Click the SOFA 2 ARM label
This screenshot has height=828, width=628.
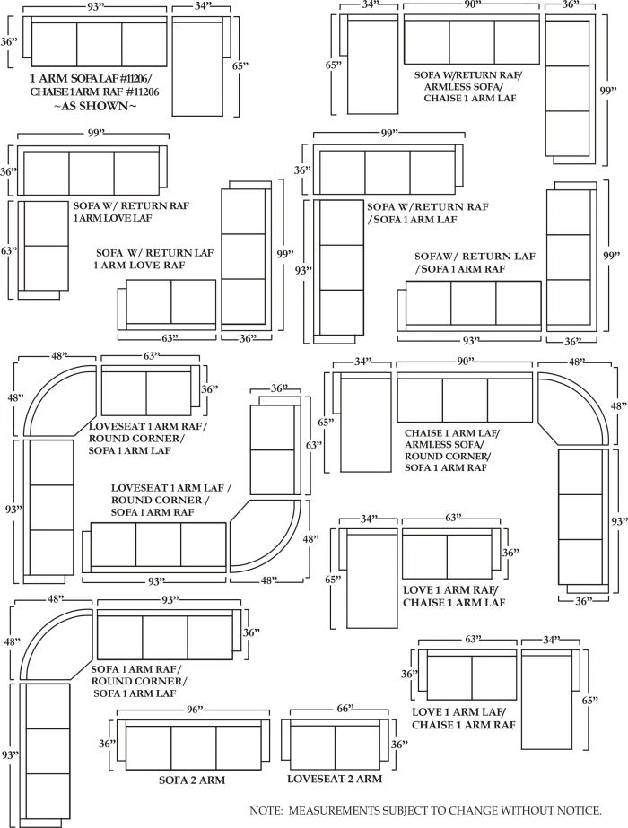pyautogui.click(x=191, y=780)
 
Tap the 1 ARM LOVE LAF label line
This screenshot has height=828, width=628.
pyautogui.click(x=113, y=218)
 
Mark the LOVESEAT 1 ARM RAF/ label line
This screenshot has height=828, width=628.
pyautogui.click(x=147, y=426)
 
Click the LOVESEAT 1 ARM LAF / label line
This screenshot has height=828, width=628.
pyautogui.click(x=171, y=488)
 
